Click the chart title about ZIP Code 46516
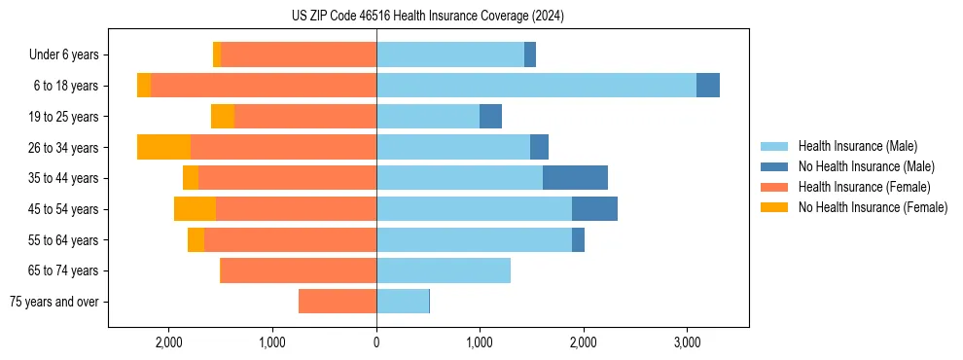(427, 16)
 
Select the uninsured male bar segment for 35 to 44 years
(575, 177)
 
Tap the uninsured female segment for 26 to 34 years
(163, 147)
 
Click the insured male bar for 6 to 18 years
(536, 86)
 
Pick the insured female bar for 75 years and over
(338, 302)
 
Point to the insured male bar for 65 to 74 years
(444, 270)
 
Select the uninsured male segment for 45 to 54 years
(594, 208)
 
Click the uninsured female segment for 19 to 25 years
(223, 117)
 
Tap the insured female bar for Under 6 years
(299, 54)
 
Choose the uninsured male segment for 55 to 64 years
(578, 239)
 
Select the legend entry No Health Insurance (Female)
(873, 207)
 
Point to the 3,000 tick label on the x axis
(687, 342)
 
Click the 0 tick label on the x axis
(376, 342)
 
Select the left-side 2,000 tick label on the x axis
(169, 342)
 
